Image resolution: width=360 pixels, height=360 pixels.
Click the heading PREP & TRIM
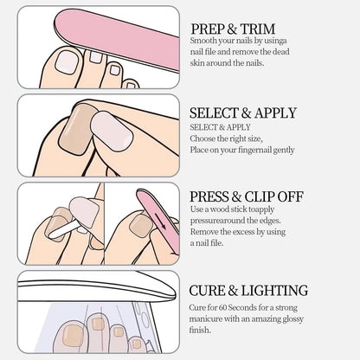(x=233, y=29)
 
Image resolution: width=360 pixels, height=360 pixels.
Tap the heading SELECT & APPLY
(x=243, y=112)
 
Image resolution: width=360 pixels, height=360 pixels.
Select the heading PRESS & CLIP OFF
(x=247, y=196)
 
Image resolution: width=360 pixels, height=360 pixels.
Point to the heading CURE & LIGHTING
(x=248, y=291)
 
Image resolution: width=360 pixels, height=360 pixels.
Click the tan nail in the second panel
(x=75, y=128)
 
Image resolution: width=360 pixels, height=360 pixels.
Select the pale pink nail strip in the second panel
(x=112, y=132)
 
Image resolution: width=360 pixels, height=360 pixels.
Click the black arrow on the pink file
(x=160, y=221)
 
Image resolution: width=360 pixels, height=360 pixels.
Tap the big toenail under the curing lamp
(x=73, y=336)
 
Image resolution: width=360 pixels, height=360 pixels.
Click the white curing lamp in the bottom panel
(x=97, y=288)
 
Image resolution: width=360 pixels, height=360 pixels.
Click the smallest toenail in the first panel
(x=131, y=86)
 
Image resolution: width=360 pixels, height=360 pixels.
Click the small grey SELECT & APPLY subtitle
(x=220, y=127)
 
